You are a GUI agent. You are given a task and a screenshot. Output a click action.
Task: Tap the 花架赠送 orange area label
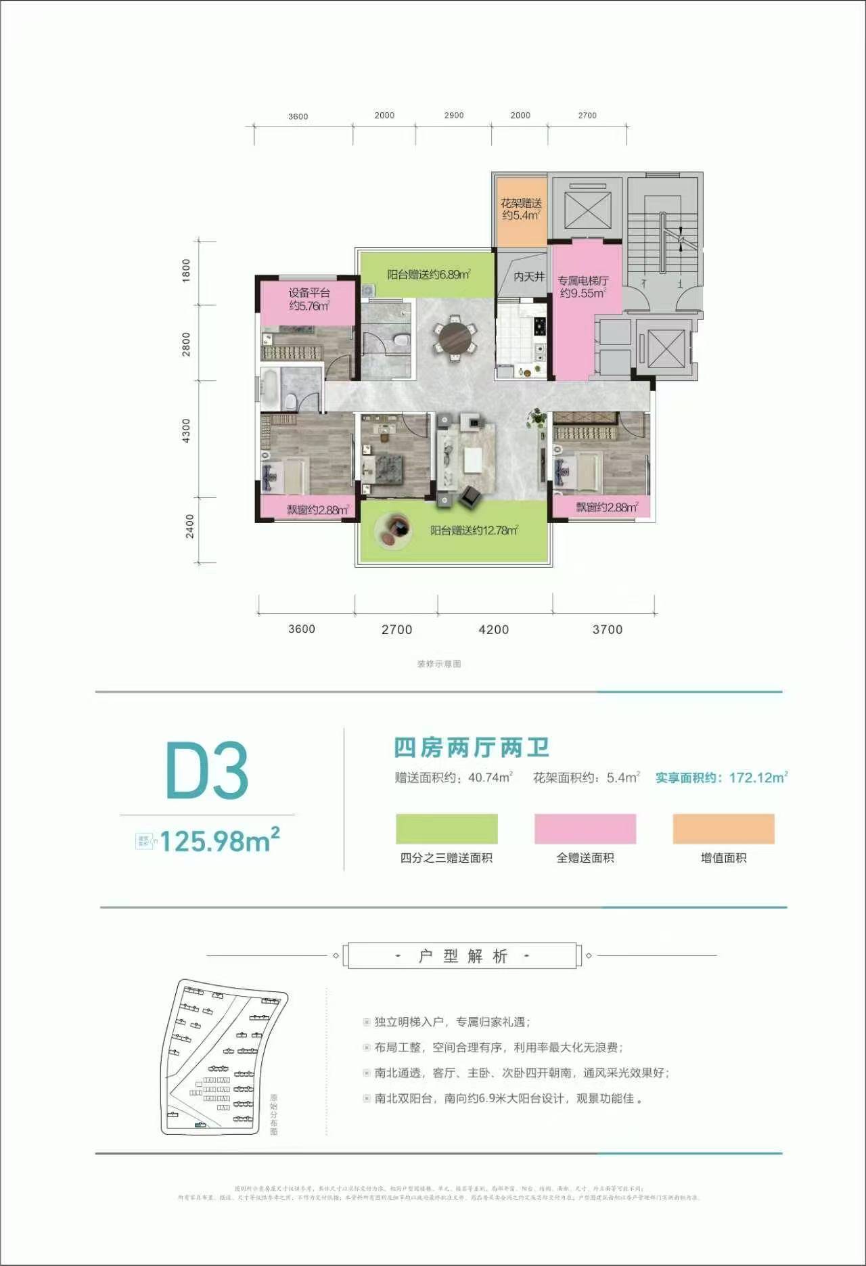tap(521, 209)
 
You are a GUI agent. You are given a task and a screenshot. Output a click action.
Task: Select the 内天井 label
tap(528, 276)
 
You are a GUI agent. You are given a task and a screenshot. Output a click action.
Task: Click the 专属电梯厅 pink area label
tap(583, 287)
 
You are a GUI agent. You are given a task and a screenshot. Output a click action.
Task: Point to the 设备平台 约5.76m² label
tap(309, 299)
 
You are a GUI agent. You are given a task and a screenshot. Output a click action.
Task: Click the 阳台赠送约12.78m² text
tap(474, 530)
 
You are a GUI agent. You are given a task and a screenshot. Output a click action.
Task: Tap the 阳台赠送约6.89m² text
tap(428, 275)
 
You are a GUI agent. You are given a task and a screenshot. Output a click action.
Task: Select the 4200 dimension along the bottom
tap(493, 629)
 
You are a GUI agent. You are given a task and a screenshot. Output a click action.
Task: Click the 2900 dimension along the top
tap(454, 115)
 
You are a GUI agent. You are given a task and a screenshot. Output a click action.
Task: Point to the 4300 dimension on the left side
tap(187, 431)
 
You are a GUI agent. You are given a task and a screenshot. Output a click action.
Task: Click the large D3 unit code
tap(207, 771)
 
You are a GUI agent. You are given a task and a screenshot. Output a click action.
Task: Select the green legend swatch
tap(447, 829)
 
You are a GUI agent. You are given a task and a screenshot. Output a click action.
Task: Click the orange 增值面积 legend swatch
tap(723, 829)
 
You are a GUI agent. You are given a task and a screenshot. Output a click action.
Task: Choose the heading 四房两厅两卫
tap(472, 748)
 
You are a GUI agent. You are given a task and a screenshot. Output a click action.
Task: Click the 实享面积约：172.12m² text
tap(721, 777)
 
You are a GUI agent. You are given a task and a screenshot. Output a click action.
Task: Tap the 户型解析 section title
tap(462, 956)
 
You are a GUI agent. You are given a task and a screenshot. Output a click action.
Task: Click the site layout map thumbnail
tap(223, 1058)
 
